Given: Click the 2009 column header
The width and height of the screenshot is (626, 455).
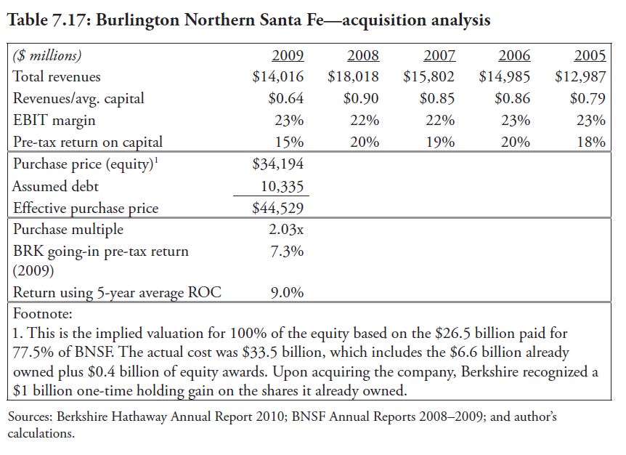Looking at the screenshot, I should [288, 55].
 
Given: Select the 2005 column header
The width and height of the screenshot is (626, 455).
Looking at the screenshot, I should [590, 55].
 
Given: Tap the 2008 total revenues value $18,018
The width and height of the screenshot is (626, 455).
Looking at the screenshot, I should [353, 76].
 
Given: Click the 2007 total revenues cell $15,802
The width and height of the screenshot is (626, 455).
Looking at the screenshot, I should [428, 76].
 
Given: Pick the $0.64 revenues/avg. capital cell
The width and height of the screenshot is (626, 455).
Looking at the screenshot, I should [285, 98].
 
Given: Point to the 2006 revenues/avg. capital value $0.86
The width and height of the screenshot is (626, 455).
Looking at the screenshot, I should [512, 98].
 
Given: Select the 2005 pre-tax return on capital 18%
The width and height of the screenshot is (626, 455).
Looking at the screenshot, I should [591, 142].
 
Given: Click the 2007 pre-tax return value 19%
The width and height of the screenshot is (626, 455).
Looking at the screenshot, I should [440, 142].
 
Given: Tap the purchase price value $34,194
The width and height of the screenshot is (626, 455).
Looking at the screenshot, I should [277, 164].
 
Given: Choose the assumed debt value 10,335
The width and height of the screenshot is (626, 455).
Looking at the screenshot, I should [282, 185].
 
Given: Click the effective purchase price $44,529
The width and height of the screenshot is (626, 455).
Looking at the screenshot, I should [277, 208].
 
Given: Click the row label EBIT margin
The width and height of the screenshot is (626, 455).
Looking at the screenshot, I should [54, 120].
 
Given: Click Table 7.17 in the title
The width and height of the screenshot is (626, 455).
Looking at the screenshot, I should [46, 20].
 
